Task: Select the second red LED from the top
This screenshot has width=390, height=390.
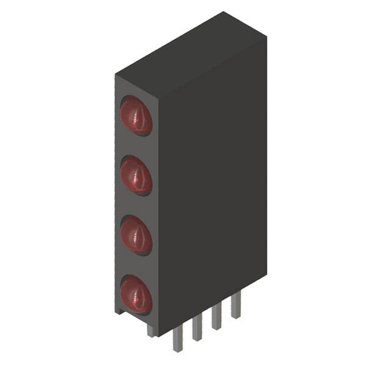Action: coord(135,175)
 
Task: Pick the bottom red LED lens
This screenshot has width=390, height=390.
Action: coord(135,295)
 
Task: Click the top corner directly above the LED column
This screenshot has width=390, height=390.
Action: coord(116,74)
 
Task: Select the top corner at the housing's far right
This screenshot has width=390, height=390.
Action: coord(267,35)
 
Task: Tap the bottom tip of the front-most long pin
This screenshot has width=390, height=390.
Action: coord(177,351)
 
